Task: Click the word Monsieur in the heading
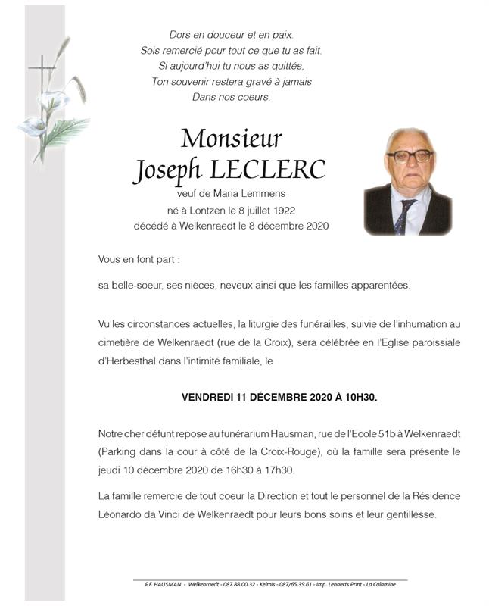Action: pos(232,139)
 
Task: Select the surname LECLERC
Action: pos(277,170)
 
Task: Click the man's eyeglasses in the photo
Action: pos(410,156)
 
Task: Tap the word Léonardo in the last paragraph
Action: pos(121,514)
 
